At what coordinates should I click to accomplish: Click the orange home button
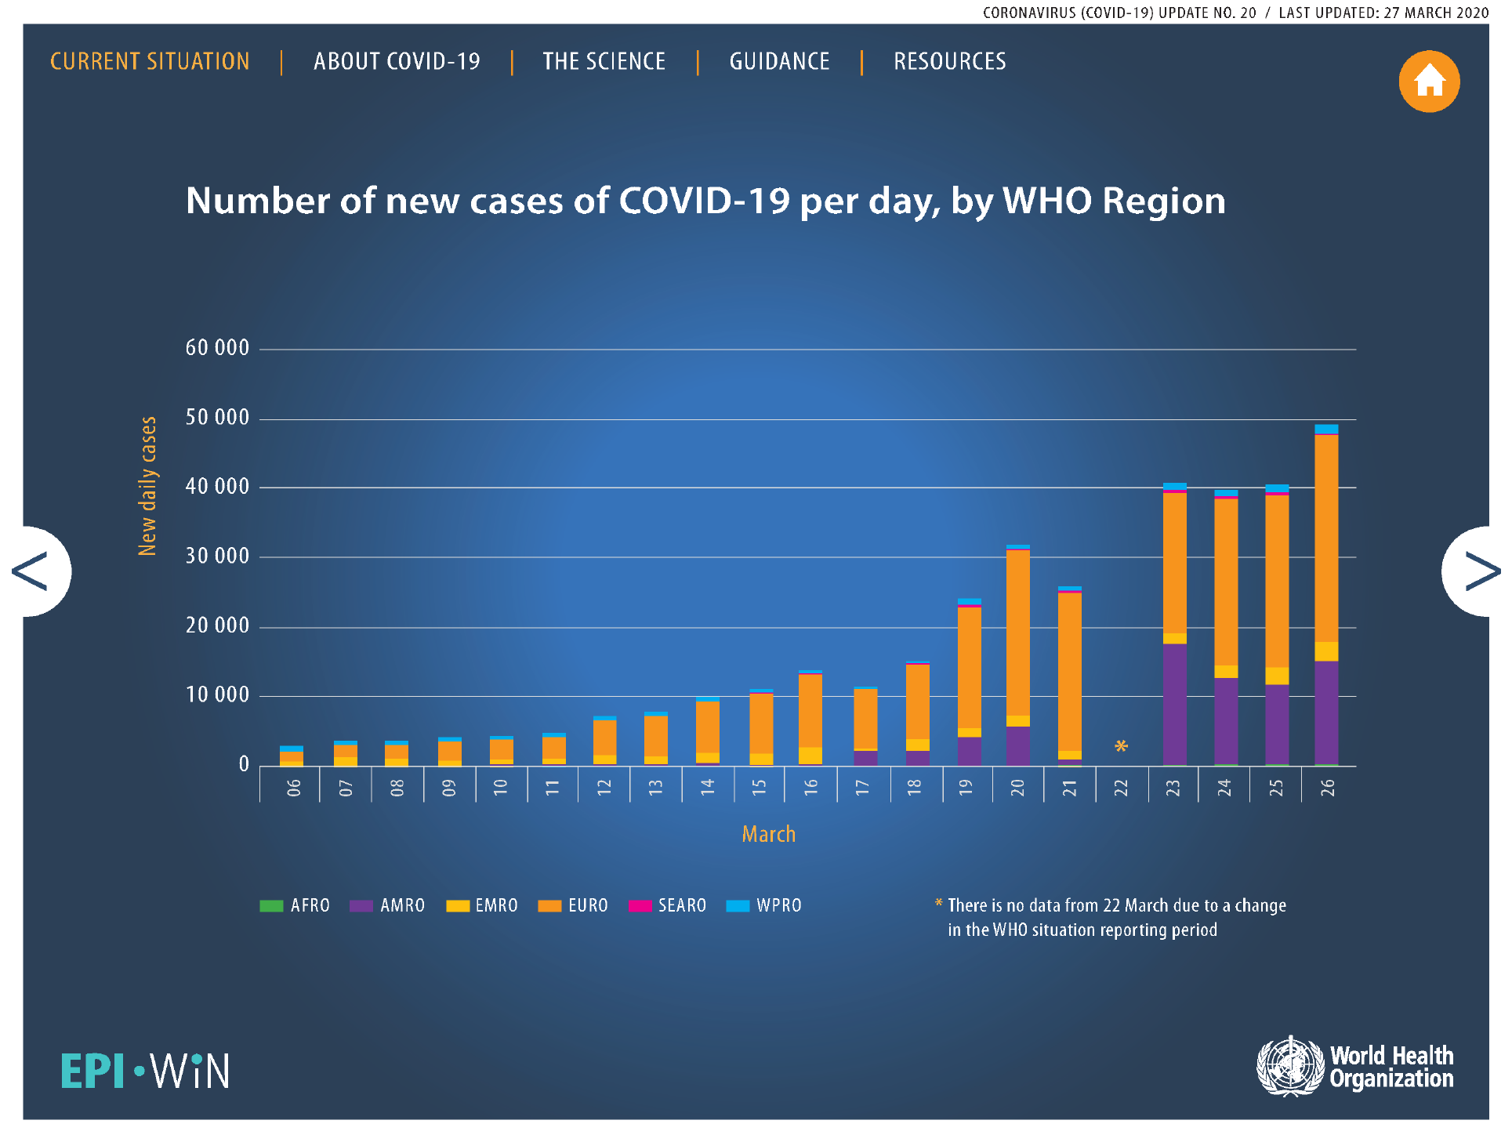[1428, 82]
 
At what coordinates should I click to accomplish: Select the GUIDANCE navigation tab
[779, 62]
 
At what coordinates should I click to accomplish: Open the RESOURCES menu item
[949, 62]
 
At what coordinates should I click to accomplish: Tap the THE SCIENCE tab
[604, 62]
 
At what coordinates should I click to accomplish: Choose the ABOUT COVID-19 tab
[397, 62]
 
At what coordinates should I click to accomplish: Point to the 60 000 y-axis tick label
[217, 348]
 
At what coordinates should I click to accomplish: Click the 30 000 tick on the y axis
[217, 556]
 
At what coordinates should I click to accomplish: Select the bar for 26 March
[1326, 596]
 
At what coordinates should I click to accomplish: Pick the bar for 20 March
[1017, 654]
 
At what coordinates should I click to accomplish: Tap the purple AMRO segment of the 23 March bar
[1174, 704]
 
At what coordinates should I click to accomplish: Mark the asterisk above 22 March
[1121, 746]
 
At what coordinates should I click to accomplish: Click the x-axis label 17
[862, 788]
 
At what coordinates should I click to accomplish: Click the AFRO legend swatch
[271, 906]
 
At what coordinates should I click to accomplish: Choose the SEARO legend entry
[668, 906]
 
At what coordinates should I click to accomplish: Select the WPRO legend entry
[764, 906]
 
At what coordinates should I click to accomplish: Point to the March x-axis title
[768, 834]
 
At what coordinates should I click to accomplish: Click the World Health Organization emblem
[1290, 1066]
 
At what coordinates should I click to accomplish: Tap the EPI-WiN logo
[146, 1071]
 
